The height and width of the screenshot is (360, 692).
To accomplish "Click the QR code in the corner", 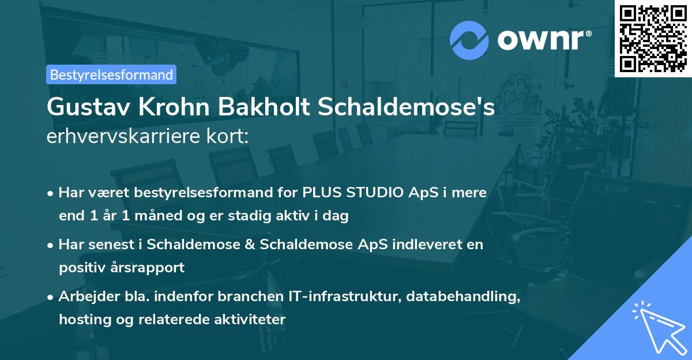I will (x=653, y=39).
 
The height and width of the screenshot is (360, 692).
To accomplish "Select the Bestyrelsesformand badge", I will (x=111, y=74).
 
